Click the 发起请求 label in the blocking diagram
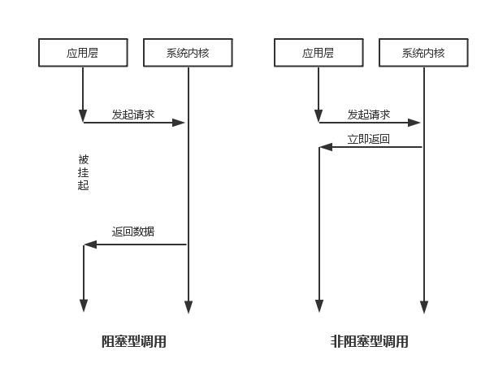133,115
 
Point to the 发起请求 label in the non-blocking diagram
369,115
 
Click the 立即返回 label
369,139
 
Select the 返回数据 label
133,232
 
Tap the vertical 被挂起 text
84,172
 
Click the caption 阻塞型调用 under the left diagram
133,341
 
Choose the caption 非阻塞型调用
369,341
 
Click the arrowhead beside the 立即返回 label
326,147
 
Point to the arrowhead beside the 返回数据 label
90,245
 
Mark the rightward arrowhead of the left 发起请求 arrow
178,123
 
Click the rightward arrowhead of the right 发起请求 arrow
414,123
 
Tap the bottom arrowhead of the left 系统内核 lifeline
188,307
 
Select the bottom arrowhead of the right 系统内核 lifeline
424,307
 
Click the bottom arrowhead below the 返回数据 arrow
84,305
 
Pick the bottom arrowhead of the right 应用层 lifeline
319,305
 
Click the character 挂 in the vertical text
84,172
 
